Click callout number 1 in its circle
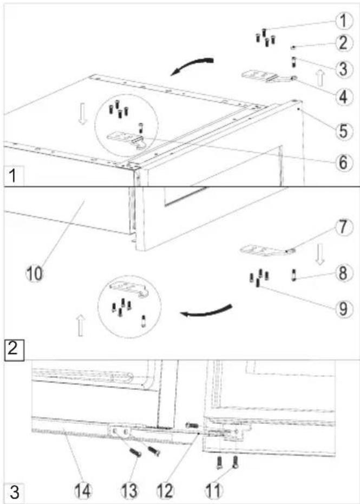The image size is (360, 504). (x=344, y=21)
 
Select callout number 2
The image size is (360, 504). (x=344, y=43)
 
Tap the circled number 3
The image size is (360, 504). (x=344, y=68)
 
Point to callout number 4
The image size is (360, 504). (x=344, y=96)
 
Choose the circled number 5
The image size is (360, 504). (x=344, y=131)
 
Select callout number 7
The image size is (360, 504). (x=344, y=227)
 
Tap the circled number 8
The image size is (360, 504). (x=344, y=273)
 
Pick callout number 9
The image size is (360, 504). (x=344, y=309)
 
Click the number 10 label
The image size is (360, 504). (x=35, y=274)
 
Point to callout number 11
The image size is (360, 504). (x=213, y=491)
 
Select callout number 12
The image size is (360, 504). (x=165, y=491)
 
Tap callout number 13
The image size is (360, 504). (x=129, y=491)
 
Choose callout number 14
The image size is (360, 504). (x=83, y=491)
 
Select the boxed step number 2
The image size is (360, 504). (x=14, y=349)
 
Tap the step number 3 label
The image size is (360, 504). (x=15, y=492)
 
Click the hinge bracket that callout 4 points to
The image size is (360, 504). (x=267, y=77)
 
